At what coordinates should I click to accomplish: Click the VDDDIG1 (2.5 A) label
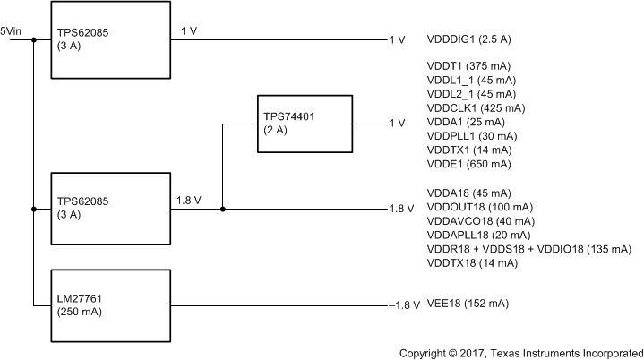click(473, 40)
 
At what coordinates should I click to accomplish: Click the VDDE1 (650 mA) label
click(470, 164)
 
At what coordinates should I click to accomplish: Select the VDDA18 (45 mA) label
click(470, 193)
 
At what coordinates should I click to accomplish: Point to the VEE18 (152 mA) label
click(468, 304)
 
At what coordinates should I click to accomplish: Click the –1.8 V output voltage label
click(404, 305)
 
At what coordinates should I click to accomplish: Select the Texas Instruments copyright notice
click(520, 351)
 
